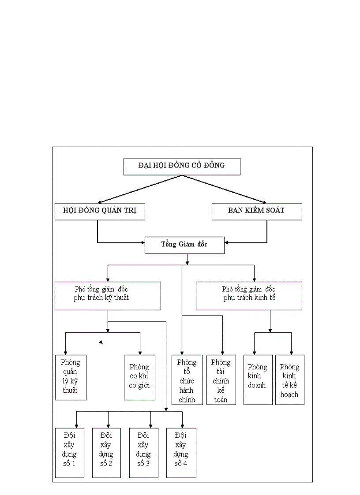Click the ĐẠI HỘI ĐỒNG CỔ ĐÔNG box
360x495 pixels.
pos(181,166)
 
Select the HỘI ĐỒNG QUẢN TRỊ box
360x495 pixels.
pos(100,211)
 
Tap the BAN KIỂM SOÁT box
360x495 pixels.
pos(257,211)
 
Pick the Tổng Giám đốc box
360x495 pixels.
pos(184,245)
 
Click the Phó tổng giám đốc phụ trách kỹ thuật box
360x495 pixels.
pos(108,296)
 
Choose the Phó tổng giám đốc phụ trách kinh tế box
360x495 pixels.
pos(249,296)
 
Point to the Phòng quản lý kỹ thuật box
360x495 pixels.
pos(71,377)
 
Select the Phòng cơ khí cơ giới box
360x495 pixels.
pos(139,377)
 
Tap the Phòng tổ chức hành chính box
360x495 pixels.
pos(187,380)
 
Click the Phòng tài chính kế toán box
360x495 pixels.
pos(221,380)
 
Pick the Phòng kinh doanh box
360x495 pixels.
pos(258,380)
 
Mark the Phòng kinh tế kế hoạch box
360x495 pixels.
pos(289,380)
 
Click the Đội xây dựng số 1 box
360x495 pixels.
pos(70,453)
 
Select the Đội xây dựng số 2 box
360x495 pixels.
pos(106,453)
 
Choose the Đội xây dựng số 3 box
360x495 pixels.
pos(144,453)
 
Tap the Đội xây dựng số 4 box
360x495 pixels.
pos(181,453)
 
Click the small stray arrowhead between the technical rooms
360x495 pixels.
pos(101,342)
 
